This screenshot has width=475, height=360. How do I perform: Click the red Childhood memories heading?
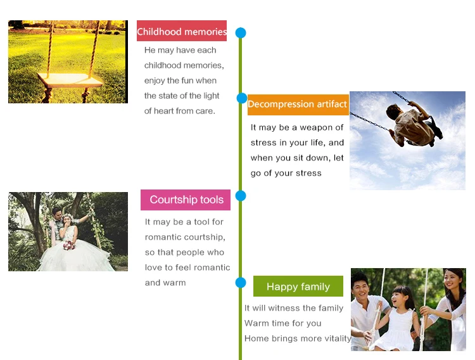click(182, 31)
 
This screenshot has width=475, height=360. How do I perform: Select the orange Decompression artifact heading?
click(298, 105)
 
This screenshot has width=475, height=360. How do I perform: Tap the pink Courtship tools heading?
click(186, 200)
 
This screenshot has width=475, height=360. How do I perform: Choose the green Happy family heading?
click(298, 286)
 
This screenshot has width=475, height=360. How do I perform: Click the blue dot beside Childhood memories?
click(241, 33)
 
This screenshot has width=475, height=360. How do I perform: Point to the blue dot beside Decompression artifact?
click(242, 98)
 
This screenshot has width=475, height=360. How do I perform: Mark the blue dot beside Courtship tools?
click(241, 196)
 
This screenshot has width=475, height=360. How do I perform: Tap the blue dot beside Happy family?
click(241, 282)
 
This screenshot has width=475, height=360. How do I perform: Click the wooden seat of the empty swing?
click(70, 80)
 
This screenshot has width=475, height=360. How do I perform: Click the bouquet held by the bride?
click(69, 245)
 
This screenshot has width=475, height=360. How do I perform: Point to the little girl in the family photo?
click(397, 318)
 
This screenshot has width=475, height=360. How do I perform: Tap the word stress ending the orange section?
click(308, 173)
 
